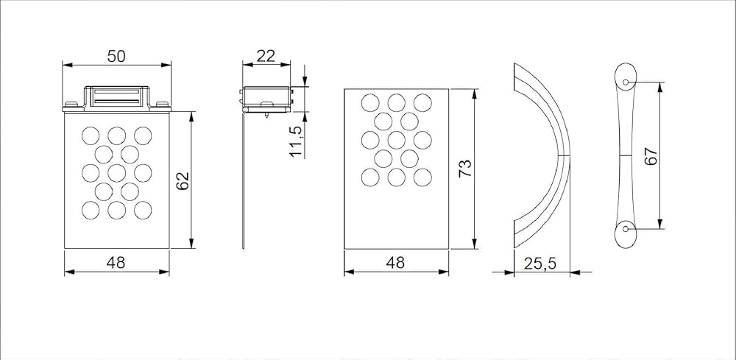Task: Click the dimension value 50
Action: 116,57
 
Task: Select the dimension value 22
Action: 266,57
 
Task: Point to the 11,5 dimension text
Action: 296,141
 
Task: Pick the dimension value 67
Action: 651,156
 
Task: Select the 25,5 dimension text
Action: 539,264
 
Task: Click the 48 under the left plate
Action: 116,263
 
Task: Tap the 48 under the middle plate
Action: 395,263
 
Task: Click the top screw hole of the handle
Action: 625,82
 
